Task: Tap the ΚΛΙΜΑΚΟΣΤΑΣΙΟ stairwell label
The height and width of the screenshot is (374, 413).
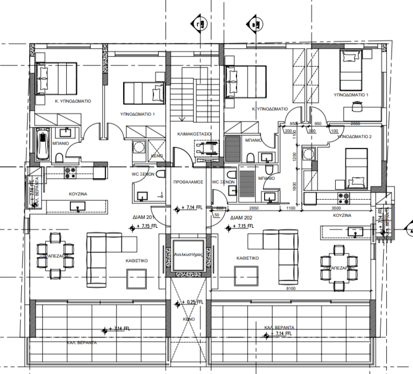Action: point(194,134)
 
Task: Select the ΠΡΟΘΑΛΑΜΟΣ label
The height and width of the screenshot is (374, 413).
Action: point(188,183)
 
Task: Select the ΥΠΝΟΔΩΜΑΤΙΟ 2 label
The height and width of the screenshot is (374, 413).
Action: point(355,136)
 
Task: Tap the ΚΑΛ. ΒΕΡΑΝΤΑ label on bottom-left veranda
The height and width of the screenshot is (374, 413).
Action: point(82,343)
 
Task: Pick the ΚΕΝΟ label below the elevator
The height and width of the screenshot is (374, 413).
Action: point(189,318)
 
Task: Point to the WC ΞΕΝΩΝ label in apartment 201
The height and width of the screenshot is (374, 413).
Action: point(142,175)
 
